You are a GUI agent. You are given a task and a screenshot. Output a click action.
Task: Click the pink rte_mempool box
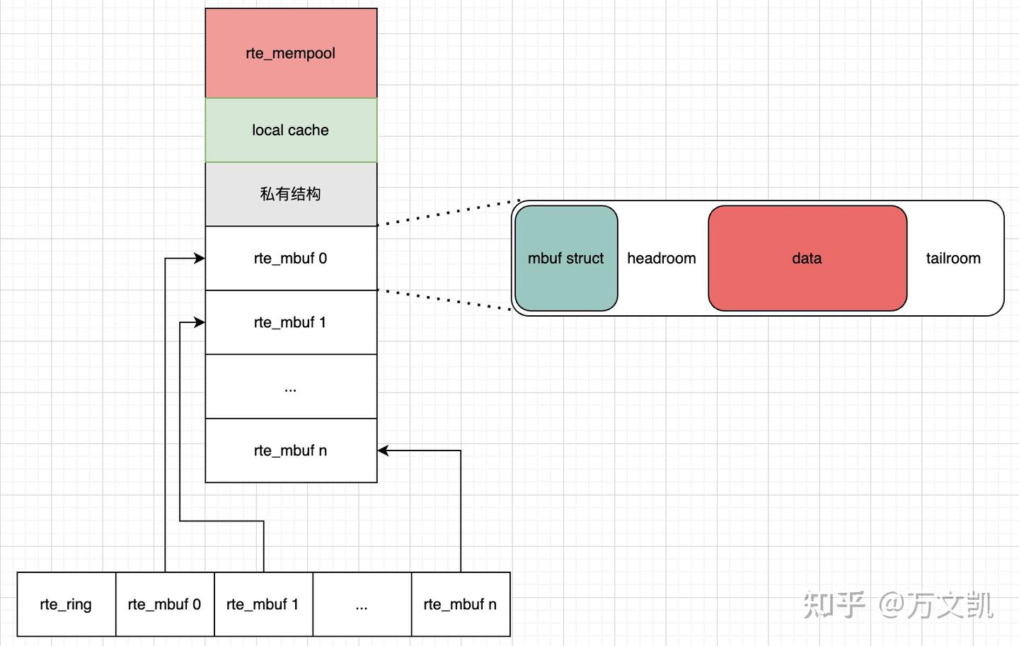(x=291, y=53)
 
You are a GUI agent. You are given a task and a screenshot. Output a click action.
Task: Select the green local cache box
(x=291, y=130)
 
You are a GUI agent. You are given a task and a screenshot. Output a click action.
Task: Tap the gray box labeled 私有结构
(x=291, y=194)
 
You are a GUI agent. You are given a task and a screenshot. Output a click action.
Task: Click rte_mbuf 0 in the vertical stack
(x=291, y=259)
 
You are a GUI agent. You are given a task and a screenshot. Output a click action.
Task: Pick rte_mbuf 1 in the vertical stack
(x=291, y=322)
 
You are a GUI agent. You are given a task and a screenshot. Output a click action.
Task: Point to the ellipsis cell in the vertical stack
(x=291, y=387)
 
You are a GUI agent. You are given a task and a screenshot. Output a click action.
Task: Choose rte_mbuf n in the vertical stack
(x=291, y=450)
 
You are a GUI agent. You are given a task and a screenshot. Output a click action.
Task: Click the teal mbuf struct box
(x=566, y=259)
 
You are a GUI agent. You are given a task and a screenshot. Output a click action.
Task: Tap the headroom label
(x=662, y=259)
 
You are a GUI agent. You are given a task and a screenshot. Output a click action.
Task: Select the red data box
(x=807, y=259)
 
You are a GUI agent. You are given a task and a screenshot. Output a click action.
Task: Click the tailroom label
(x=953, y=259)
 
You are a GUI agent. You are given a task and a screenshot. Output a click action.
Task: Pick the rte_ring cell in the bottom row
(x=66, y=604)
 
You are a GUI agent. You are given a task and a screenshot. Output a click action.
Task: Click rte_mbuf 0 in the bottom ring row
(x=164, y=604)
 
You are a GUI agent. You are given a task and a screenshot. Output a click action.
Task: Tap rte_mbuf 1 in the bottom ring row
(x=263, y=604)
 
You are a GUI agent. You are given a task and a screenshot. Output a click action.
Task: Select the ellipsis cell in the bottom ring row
(x=362, y=604)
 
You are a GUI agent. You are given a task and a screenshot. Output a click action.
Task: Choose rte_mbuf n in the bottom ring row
(x=460, y=604)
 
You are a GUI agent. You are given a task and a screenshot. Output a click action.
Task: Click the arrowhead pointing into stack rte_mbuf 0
(x=200, y=259)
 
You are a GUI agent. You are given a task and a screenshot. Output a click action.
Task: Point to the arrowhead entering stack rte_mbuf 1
(x=200, y=323)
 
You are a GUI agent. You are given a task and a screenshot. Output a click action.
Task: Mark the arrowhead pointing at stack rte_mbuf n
(x=384, y=450)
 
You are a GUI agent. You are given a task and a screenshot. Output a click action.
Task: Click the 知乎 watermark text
(x=834, y=605)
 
